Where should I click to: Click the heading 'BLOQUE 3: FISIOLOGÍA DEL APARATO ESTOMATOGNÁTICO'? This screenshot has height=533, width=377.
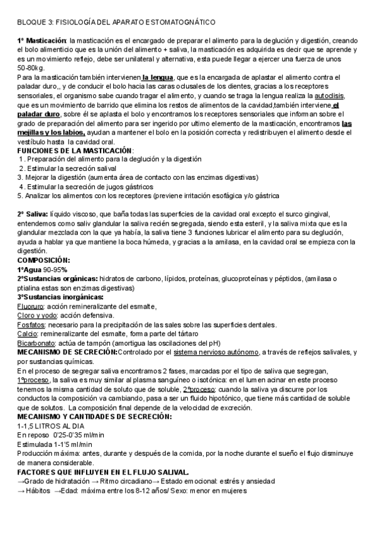(x=116, y=22)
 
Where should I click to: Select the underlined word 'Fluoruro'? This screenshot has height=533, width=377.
(x=31, y=306)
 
